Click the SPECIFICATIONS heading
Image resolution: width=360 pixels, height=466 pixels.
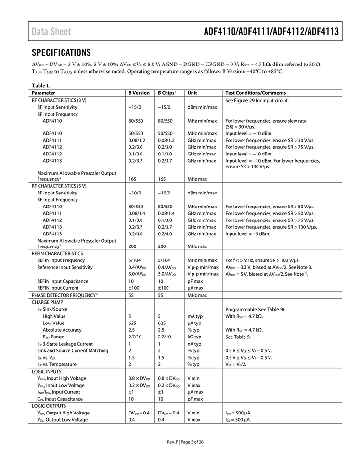(x=61, y=52)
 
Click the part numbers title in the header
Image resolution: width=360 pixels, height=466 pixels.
(x=271, y=32)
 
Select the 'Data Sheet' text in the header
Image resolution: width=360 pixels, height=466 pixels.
(x=51, y=32)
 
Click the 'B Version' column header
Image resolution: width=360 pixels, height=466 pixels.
(x=139, y=93)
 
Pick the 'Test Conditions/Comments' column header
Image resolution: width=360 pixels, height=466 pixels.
(x=256, y=93)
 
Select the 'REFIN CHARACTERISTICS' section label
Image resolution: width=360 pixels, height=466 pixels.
(x=57, y=253)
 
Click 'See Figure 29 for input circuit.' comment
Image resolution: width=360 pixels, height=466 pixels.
(x=257, y=100)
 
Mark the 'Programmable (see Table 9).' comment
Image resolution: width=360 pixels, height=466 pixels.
(x=255, y=309)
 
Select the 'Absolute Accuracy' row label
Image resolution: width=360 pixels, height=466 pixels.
(x=62, y=330)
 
